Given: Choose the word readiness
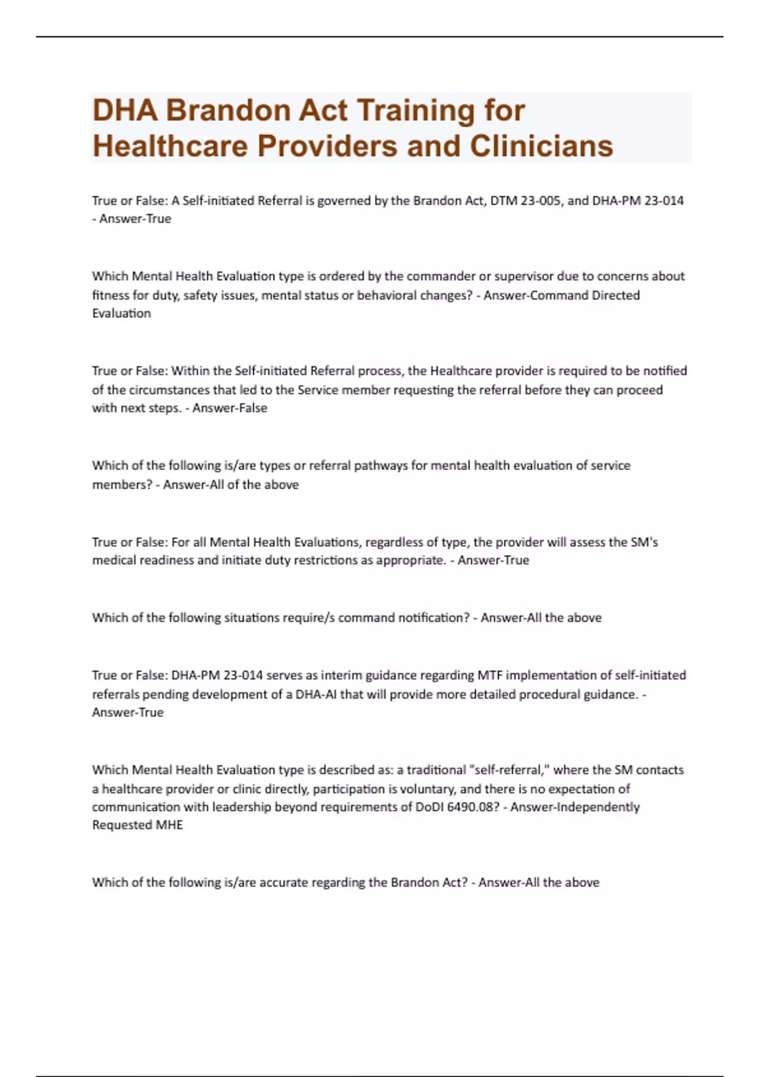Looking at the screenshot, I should (x=165, y=560).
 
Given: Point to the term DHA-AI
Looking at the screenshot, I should (x=316, y=694).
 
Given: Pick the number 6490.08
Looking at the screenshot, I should (x=465, y=807).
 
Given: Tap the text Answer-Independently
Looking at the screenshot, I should (x=574, y=807).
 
